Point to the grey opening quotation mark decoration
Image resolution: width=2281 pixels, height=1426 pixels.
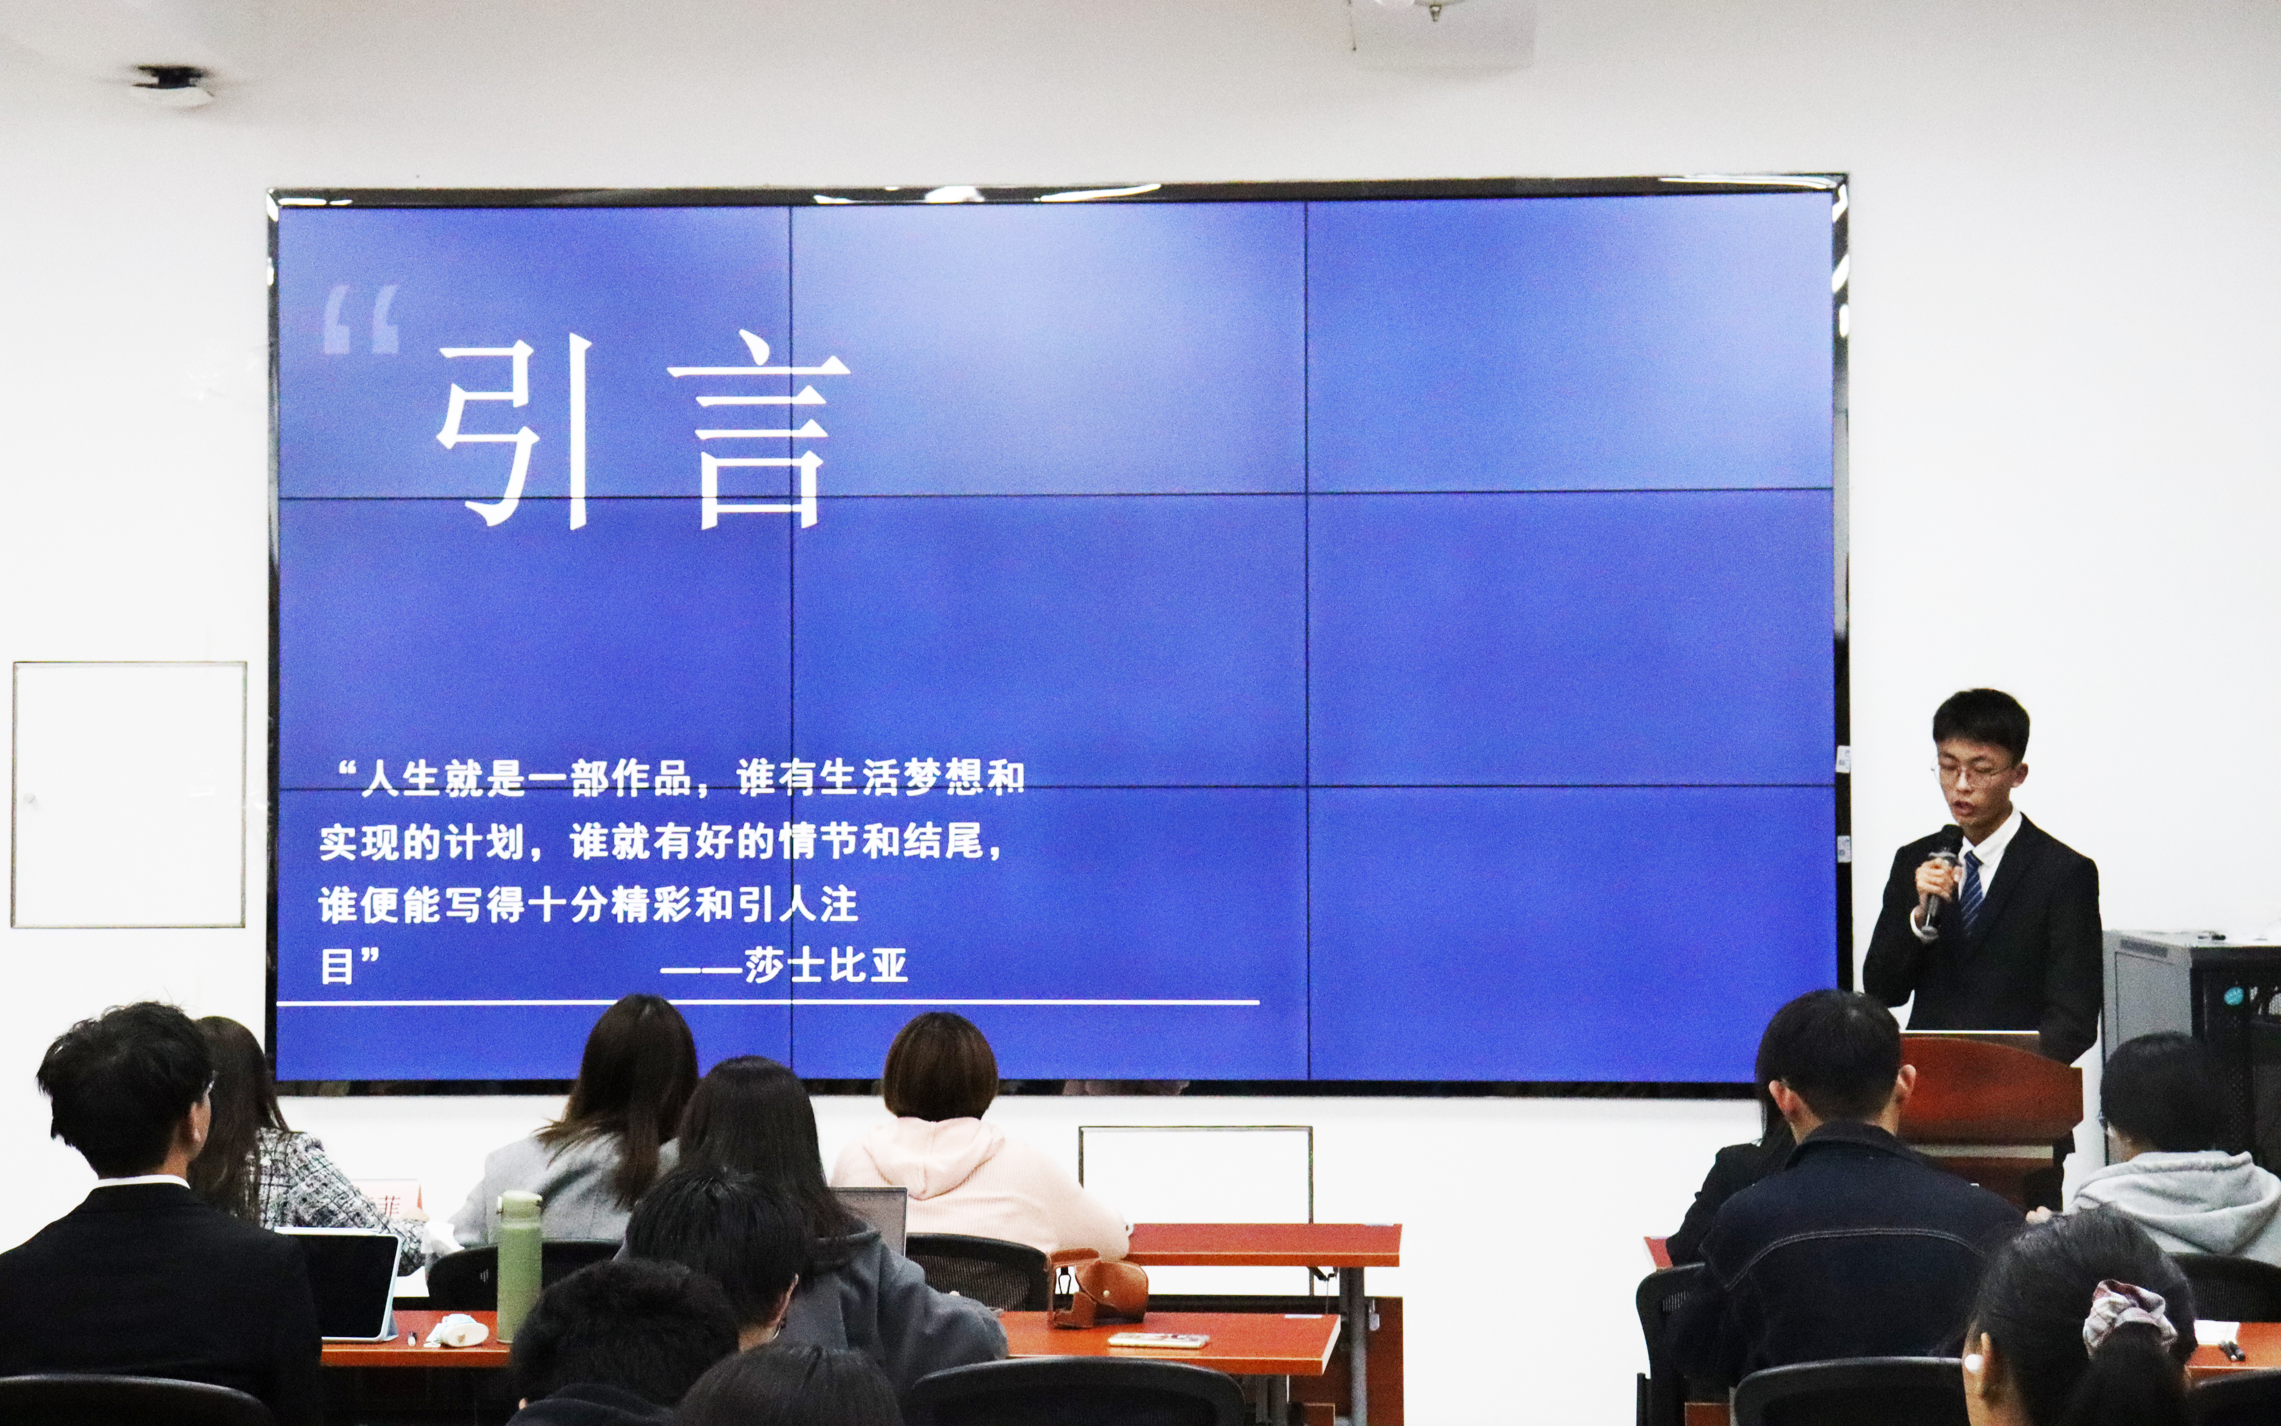(x=361, y=321)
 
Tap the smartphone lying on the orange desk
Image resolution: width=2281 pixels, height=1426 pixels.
(x=1158, y=1339)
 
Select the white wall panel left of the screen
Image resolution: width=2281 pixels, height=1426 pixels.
(x=129, y=794)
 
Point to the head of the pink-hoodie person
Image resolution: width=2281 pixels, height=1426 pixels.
(x=939, y=1067)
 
